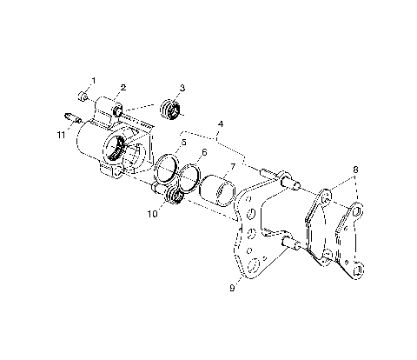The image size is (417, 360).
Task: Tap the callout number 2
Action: [x=123, y=87]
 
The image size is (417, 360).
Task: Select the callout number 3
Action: [x=182, y=87]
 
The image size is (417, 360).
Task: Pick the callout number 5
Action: [x=182, y=141]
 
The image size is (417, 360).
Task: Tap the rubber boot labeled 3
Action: [x=172, y=110]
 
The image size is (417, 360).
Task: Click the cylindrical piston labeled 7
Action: [x=218, y=187]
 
